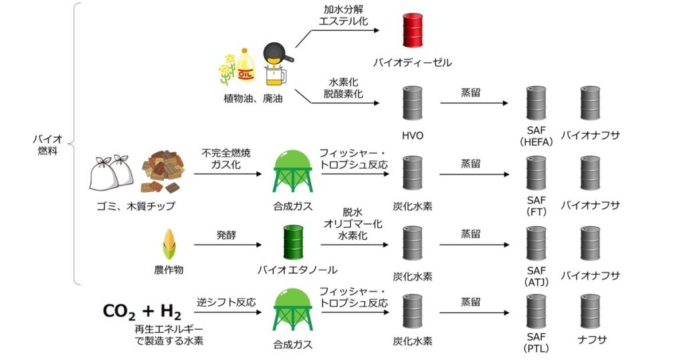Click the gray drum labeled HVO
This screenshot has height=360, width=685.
tap(413, 102)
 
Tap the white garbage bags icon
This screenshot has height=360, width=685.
tap(112, 173)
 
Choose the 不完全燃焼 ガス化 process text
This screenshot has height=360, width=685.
tap(226, 159)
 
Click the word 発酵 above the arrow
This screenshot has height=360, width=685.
tap(226, 236)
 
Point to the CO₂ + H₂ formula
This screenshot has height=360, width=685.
tap(141, 311)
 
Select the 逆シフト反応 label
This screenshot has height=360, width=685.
tap(226, 302)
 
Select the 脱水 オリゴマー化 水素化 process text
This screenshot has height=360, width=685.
tap(353, 224)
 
